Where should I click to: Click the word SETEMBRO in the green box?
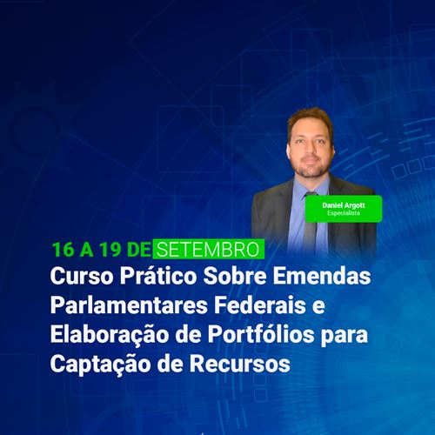pyautogui.click(x=209, y=250)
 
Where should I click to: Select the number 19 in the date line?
pyautogui.click(x=110, y=250)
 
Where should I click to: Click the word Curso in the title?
pyautogui.click(x=82, y=276)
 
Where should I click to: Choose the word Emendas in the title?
pyautogui.click(x=322, y=276)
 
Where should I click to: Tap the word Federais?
pyautogui.click(x=260, y=305)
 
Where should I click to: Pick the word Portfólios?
pyautogui.click(x=261, y=334)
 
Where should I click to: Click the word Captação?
pyautogui.click(x=101, y=365)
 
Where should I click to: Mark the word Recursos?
pyautogui.click(x=240, y=364)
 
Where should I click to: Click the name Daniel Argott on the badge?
pyautogui.click(x=344, y=205)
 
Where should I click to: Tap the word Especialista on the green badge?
pyautogui.click(x=344, y=213)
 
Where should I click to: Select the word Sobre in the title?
pyautogui.click(x=235, y=276)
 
